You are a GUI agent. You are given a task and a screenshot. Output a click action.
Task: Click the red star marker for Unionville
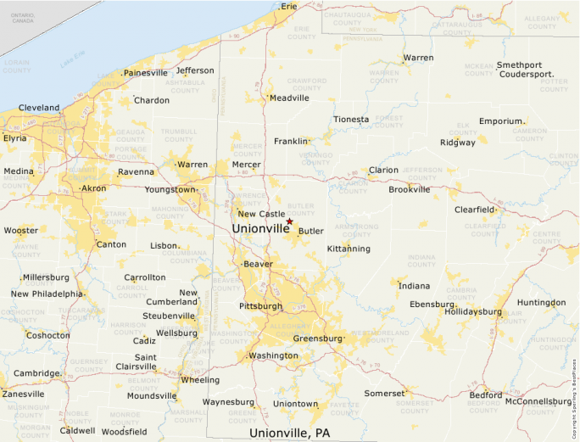coord(289,221)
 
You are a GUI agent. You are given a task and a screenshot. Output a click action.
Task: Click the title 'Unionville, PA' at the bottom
coord(289,433)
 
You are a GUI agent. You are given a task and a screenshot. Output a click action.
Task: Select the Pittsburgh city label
coord(260,305)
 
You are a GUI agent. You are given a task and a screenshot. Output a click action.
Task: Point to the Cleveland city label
coord(39,108)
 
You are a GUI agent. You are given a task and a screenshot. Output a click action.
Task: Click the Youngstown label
coord(170,190)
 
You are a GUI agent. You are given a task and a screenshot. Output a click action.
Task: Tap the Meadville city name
coord(289,98)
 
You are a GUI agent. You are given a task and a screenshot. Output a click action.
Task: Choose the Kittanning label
coord(349,249)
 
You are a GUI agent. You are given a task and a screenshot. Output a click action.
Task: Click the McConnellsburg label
coord(538,401)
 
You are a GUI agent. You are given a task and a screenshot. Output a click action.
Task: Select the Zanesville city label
coord(23,394)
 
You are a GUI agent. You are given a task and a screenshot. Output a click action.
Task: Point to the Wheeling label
coord(200,380)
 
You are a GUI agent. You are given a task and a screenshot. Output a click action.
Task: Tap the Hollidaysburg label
coord(472,311)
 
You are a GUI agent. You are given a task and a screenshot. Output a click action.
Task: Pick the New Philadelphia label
coord(47,294)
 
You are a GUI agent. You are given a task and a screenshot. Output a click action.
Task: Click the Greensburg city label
coord(317,338)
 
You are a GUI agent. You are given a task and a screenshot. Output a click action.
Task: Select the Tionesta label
coord(351,120)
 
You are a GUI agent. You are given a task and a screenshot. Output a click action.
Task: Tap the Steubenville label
coord(168,316)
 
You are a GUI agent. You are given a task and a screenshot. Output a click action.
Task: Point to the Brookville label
coord(410,189)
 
